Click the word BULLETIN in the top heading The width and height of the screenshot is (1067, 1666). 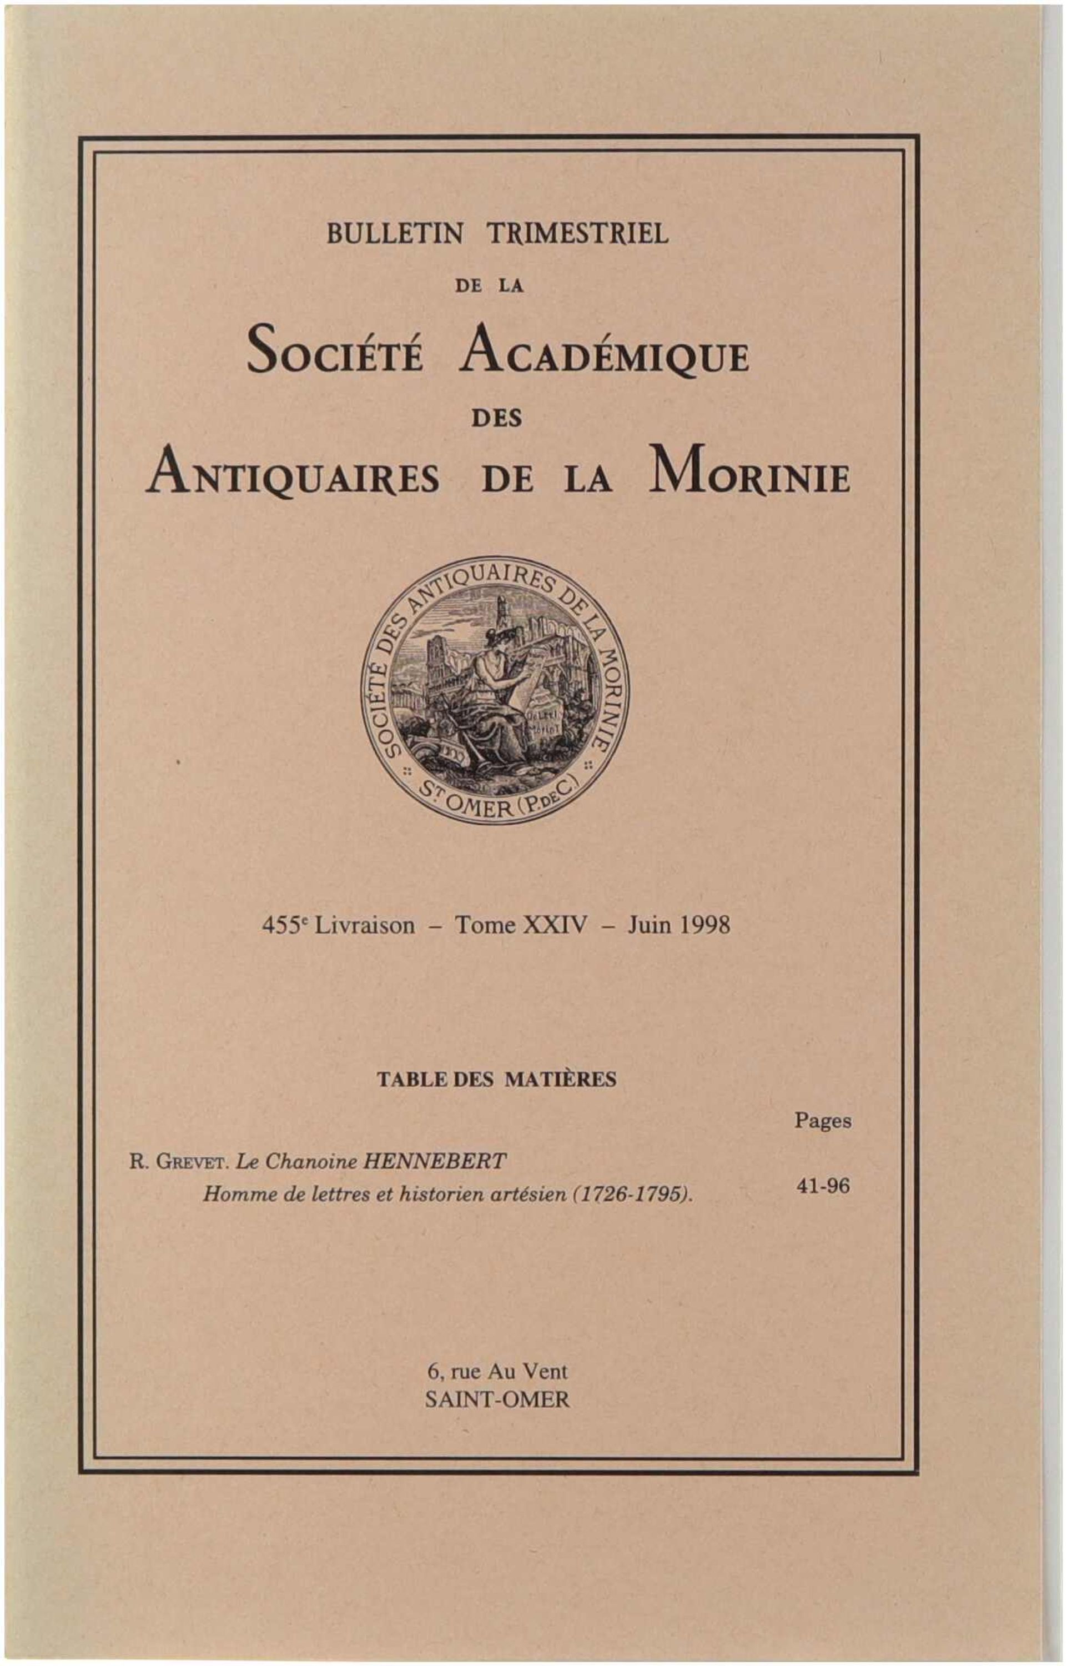click(x=394, y=234)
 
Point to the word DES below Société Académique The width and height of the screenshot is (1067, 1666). click(x=496, y=419)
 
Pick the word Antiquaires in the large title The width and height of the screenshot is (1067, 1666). click(x=291, y=478)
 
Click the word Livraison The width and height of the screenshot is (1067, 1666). click(x=364, y=926)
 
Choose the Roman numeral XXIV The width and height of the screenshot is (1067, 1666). click(x=556, y=926)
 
